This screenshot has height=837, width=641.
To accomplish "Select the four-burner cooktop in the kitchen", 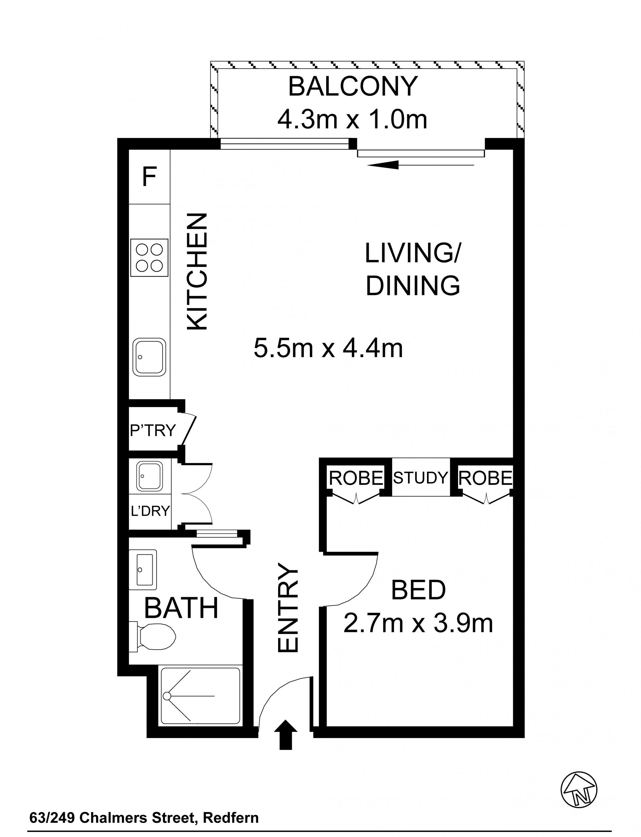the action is click(149, 257).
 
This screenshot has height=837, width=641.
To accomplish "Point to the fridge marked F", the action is click(149, 177).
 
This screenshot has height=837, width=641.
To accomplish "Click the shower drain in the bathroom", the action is click(167, 696).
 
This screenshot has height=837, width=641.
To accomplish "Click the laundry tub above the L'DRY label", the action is click(150, 476).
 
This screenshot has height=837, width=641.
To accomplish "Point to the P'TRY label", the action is click(153, 430).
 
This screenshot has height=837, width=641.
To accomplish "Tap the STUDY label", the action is click(420, 478).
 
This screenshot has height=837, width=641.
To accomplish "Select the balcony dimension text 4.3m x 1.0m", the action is click(352, 119).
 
